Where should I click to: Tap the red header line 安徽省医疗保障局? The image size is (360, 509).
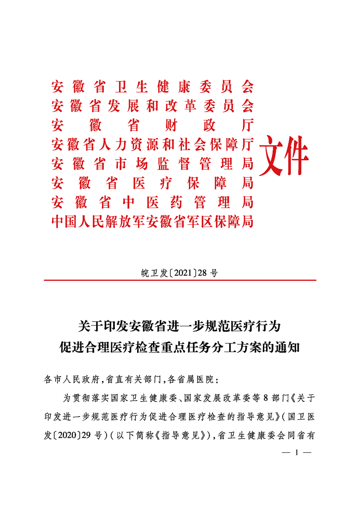coord(153,183)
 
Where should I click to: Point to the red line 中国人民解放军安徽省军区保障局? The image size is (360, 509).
coord(153,222)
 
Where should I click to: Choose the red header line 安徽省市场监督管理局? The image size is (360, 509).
coord(153,164)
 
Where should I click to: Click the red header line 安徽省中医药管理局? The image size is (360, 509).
coord(153,202)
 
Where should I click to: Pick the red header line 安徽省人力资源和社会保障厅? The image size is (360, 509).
coord(153,145)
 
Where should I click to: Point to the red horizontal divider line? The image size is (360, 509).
coord(180,281)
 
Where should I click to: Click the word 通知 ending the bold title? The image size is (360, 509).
coord(288,348)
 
